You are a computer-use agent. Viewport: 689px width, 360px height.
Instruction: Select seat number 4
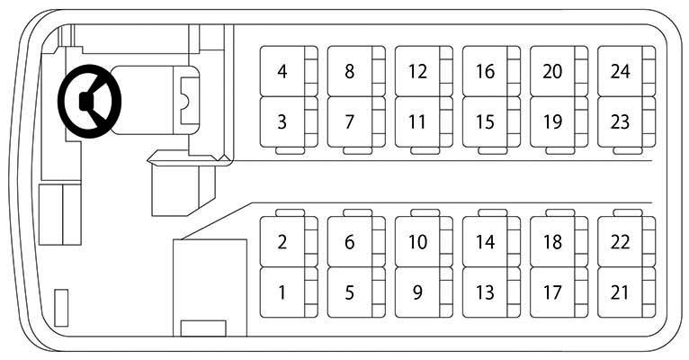(289, 71)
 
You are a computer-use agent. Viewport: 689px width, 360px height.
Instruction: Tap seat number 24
(626, 71)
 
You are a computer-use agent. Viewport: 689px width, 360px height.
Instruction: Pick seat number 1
(289, 292)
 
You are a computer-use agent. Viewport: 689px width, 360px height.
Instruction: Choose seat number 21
(626, 292)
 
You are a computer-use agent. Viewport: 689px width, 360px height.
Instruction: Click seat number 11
(424, 122)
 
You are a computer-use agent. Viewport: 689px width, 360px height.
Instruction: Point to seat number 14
(491, 242)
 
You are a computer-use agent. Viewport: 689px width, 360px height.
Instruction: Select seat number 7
(356, 122)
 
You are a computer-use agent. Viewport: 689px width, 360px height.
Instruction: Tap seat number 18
(559, 242)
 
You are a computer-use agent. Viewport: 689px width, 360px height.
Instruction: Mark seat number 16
(491, 71)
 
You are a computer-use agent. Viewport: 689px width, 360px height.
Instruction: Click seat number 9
(424, 292)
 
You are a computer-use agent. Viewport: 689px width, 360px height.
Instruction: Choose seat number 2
(289, 242)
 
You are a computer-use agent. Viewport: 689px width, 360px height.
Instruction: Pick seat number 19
(559, 122)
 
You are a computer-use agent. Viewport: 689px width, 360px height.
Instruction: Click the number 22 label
(620, 242)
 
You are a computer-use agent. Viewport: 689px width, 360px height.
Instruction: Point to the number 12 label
(417, 71)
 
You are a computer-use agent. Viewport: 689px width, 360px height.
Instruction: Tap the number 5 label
(349, 292)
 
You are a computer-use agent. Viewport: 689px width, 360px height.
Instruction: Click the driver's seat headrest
(190, 101)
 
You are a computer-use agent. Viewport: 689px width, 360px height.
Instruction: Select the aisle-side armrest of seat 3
(290, 151)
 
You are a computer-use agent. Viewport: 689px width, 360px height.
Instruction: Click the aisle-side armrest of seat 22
(628, 212)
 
